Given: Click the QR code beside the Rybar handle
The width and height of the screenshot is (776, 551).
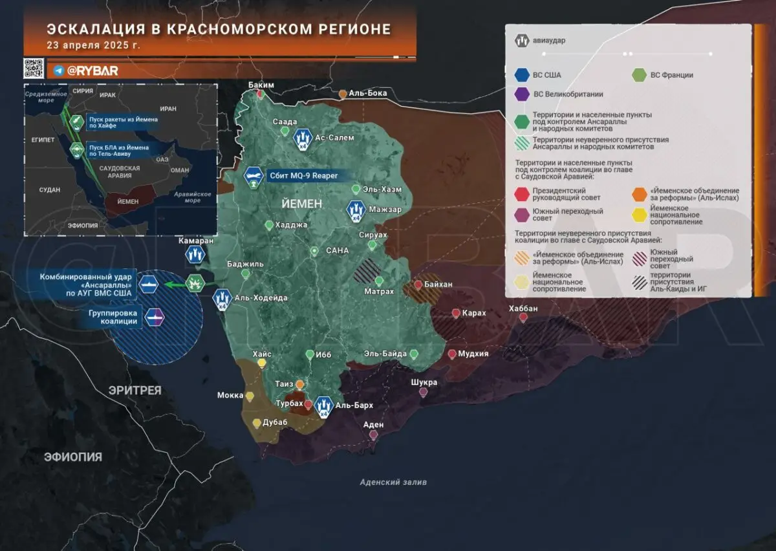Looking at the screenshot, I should click(x=34, y=69).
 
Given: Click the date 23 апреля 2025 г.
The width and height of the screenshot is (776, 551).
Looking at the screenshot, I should click(x=93, y=45).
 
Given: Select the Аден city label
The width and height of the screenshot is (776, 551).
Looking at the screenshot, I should click(x=373, y=425).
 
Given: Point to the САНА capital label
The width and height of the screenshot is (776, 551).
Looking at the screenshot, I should click(x=337, y=250).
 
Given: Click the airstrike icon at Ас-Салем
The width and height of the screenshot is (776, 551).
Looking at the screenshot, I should click(x=301, y=137).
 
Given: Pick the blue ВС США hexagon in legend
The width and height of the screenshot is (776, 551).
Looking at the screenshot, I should click(x=521, y=75).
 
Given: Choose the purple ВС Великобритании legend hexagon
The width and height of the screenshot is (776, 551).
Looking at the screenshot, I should click(x=521, y=94).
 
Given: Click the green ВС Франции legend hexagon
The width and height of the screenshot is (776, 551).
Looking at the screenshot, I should click(x=639, y=75).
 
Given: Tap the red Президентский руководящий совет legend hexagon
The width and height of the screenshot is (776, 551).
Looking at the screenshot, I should click(x=521, y=195).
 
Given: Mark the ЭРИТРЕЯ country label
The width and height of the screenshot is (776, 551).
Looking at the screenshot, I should click(x=135, y=391).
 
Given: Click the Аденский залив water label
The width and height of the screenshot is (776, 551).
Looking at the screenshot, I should click(x=393, y=482).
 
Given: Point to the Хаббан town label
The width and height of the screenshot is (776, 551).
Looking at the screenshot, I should click(x=523, y=308).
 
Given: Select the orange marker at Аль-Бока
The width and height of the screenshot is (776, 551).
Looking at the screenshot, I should click(x=343, y=94).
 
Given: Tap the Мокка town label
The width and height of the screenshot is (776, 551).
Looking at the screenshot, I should click(x=230, y=395).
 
